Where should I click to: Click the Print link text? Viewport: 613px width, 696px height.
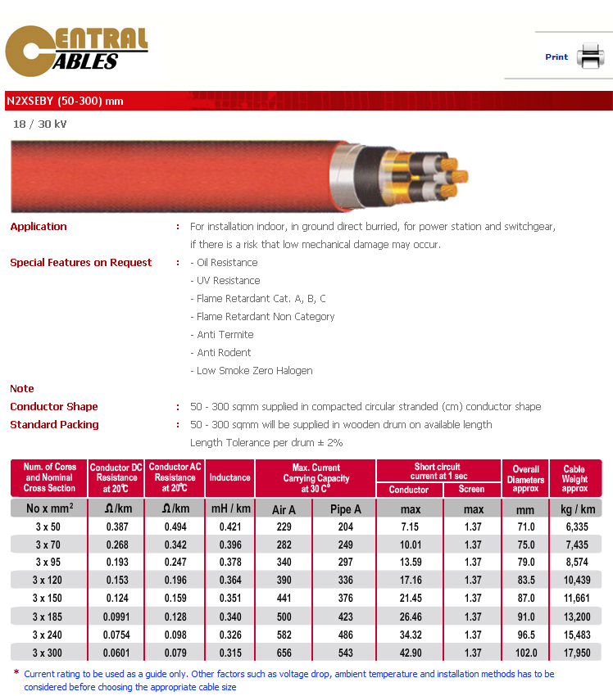(556, 57)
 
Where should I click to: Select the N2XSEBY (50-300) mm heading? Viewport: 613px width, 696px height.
(65, 101)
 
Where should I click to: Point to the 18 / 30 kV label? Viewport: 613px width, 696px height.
(40, 124)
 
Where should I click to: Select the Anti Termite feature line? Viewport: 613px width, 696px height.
(225, 335)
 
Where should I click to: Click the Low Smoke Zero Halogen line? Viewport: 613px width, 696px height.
(255, 371)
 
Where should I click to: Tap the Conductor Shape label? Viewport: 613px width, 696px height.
(54, 407)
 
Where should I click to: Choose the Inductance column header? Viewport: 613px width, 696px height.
(229, 477)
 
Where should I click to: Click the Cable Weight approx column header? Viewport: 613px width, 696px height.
(574, 478)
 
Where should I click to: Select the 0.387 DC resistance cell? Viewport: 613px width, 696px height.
(117, 527)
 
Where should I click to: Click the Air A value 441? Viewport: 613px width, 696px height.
(284, 599)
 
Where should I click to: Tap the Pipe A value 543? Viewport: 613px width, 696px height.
(345, 653)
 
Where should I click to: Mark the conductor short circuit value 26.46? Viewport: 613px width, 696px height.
(410, 617)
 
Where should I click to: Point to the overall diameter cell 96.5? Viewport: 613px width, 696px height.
(525, 635)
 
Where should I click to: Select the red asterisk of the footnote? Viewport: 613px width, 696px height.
(16, 673)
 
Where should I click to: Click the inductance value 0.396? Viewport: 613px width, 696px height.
(229, 545)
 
